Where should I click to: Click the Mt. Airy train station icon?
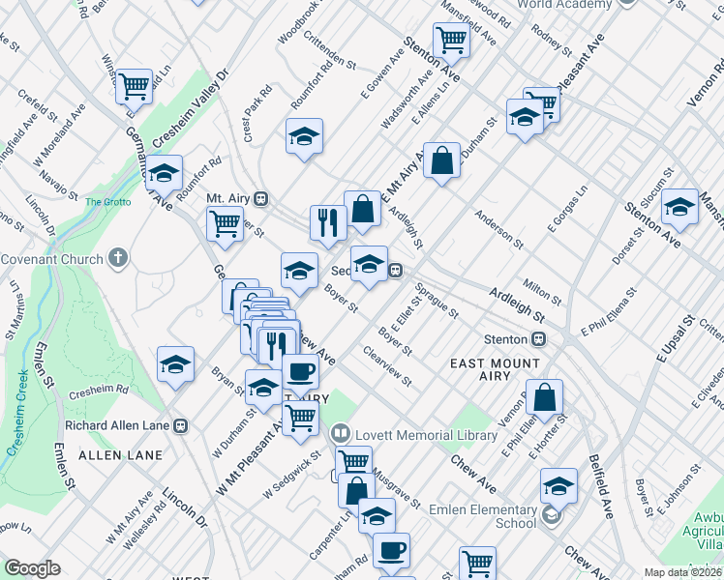click(260, 198)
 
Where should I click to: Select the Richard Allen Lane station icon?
click(180, 424)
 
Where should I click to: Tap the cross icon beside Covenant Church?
click(118, 258)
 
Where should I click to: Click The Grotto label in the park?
click(106, 202)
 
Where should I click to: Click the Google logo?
click(32, 567)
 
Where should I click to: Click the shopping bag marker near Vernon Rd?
click(546, 396)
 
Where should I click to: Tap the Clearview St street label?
click(387, 366)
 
